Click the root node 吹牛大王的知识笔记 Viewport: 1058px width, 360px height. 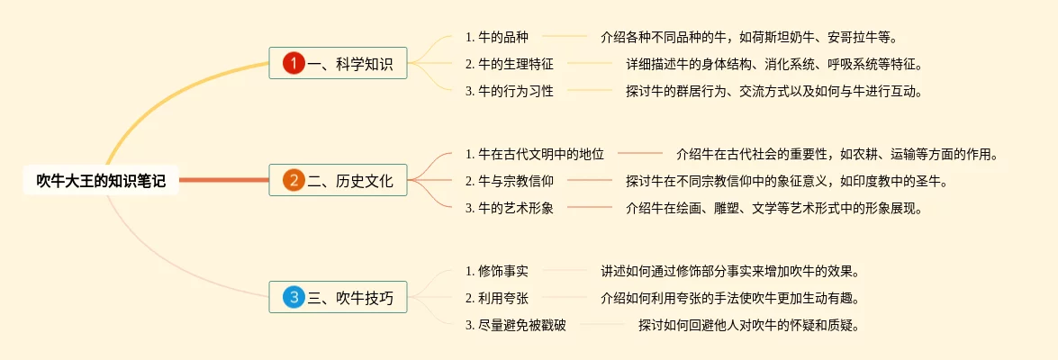(x=100, y=181)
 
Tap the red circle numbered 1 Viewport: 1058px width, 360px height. (x=294, y=63)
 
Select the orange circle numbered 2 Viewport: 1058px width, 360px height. (x=294, y=180)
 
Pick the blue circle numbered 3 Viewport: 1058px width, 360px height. (x=294, y=297)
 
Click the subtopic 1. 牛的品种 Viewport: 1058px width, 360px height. (x=497, y=37)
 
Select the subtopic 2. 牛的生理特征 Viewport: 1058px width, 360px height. (x=510, y=64)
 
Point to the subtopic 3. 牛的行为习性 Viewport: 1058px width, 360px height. (x=510, y=91)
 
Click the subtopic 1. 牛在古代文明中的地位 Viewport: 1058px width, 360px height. (x=535, y=154)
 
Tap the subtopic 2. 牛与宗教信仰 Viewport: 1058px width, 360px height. (x=510, y=181)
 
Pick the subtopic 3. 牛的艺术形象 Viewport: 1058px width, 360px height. (x=510, y=208)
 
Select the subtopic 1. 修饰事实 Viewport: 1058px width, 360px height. (x=497, y=271)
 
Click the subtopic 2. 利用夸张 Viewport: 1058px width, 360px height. (x=497, y=298)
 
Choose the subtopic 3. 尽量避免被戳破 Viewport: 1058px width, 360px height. (x=516, y=325)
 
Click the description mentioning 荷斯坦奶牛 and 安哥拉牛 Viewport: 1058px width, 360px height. (x=749, y=37)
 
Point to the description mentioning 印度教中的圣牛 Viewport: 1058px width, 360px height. (x=787, y=181)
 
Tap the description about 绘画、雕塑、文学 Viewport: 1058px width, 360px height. (x=774, y=208)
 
